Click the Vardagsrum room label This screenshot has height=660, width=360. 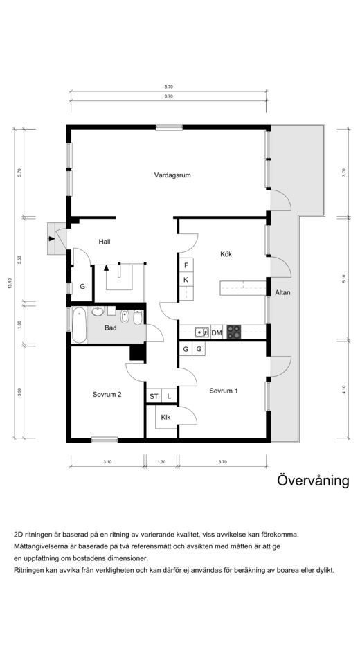point(172,175)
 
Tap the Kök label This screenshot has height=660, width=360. point(226,254)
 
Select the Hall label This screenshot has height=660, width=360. point(105,242)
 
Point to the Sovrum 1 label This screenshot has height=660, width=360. point(224,391)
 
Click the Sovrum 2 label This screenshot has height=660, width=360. point(107,395)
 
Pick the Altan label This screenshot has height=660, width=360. point(282,292)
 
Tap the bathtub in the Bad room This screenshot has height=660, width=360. point(79,325)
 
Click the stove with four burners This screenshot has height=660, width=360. point(234,332)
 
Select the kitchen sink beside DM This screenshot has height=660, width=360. point(201,332)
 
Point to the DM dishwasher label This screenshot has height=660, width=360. point(217,333)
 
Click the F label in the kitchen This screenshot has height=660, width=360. point(186,266)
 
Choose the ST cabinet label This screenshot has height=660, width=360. point(154,397)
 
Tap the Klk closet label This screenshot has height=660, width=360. point(165,418)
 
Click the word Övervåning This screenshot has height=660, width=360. point(313,480)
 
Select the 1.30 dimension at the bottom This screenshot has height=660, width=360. point(161,462)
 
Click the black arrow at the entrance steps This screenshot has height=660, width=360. point(52,239)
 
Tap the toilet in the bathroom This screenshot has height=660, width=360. point(138,318)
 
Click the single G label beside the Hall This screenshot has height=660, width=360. point(82,287)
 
